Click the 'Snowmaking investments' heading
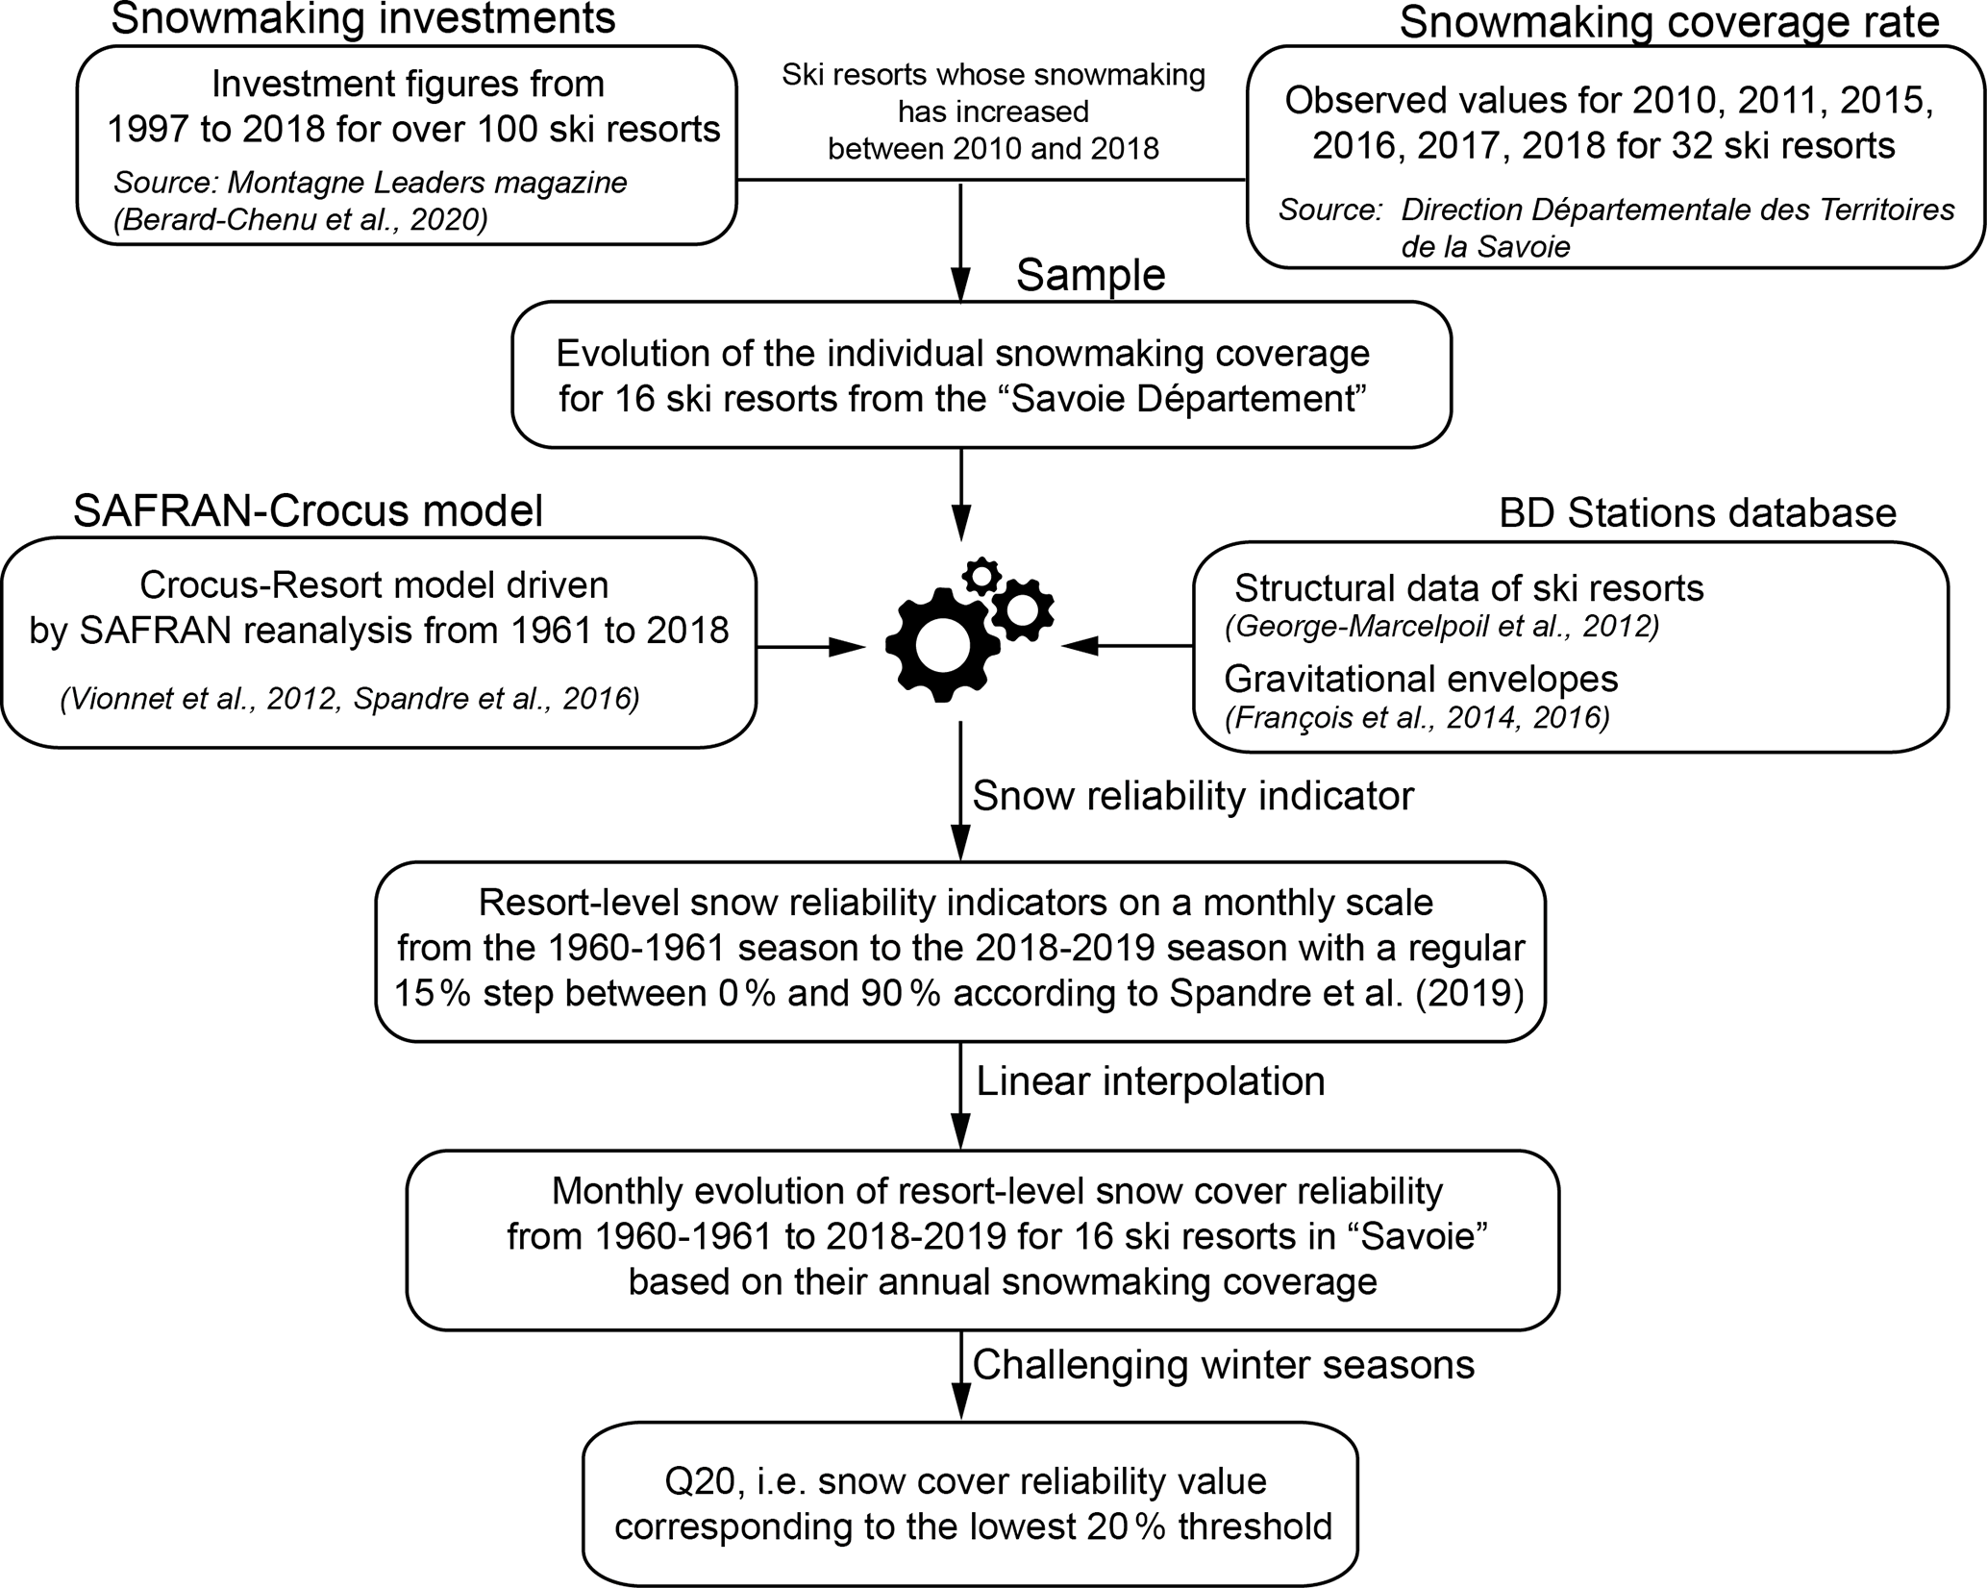(x=363, y=19)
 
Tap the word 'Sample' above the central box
(x=1090, y=276)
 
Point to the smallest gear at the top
(x=981, y=576)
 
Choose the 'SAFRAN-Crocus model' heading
(x=308, y=510)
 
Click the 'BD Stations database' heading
(x=1698, y=513)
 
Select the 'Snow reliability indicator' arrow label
(x=1193, y=796)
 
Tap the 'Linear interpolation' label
(x=1151, y=1080)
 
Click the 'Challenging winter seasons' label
(x=1224, y=1364)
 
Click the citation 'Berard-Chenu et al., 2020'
(x=301, y=220)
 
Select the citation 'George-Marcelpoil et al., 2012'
(x=1442, y=627)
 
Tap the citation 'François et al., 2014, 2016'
(x=1417, y=717)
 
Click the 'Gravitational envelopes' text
(x=1421, y=679)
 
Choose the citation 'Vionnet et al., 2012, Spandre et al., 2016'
(x=350, y=699)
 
